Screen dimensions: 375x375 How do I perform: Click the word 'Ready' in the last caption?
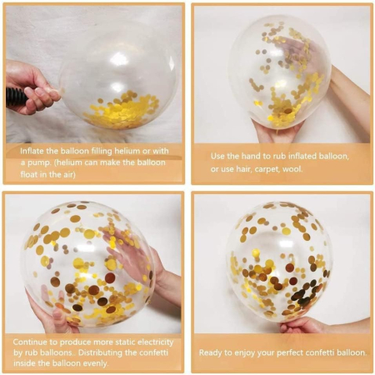(x=212, y=352)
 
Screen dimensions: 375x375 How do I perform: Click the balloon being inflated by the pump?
(x=117, y=71)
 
